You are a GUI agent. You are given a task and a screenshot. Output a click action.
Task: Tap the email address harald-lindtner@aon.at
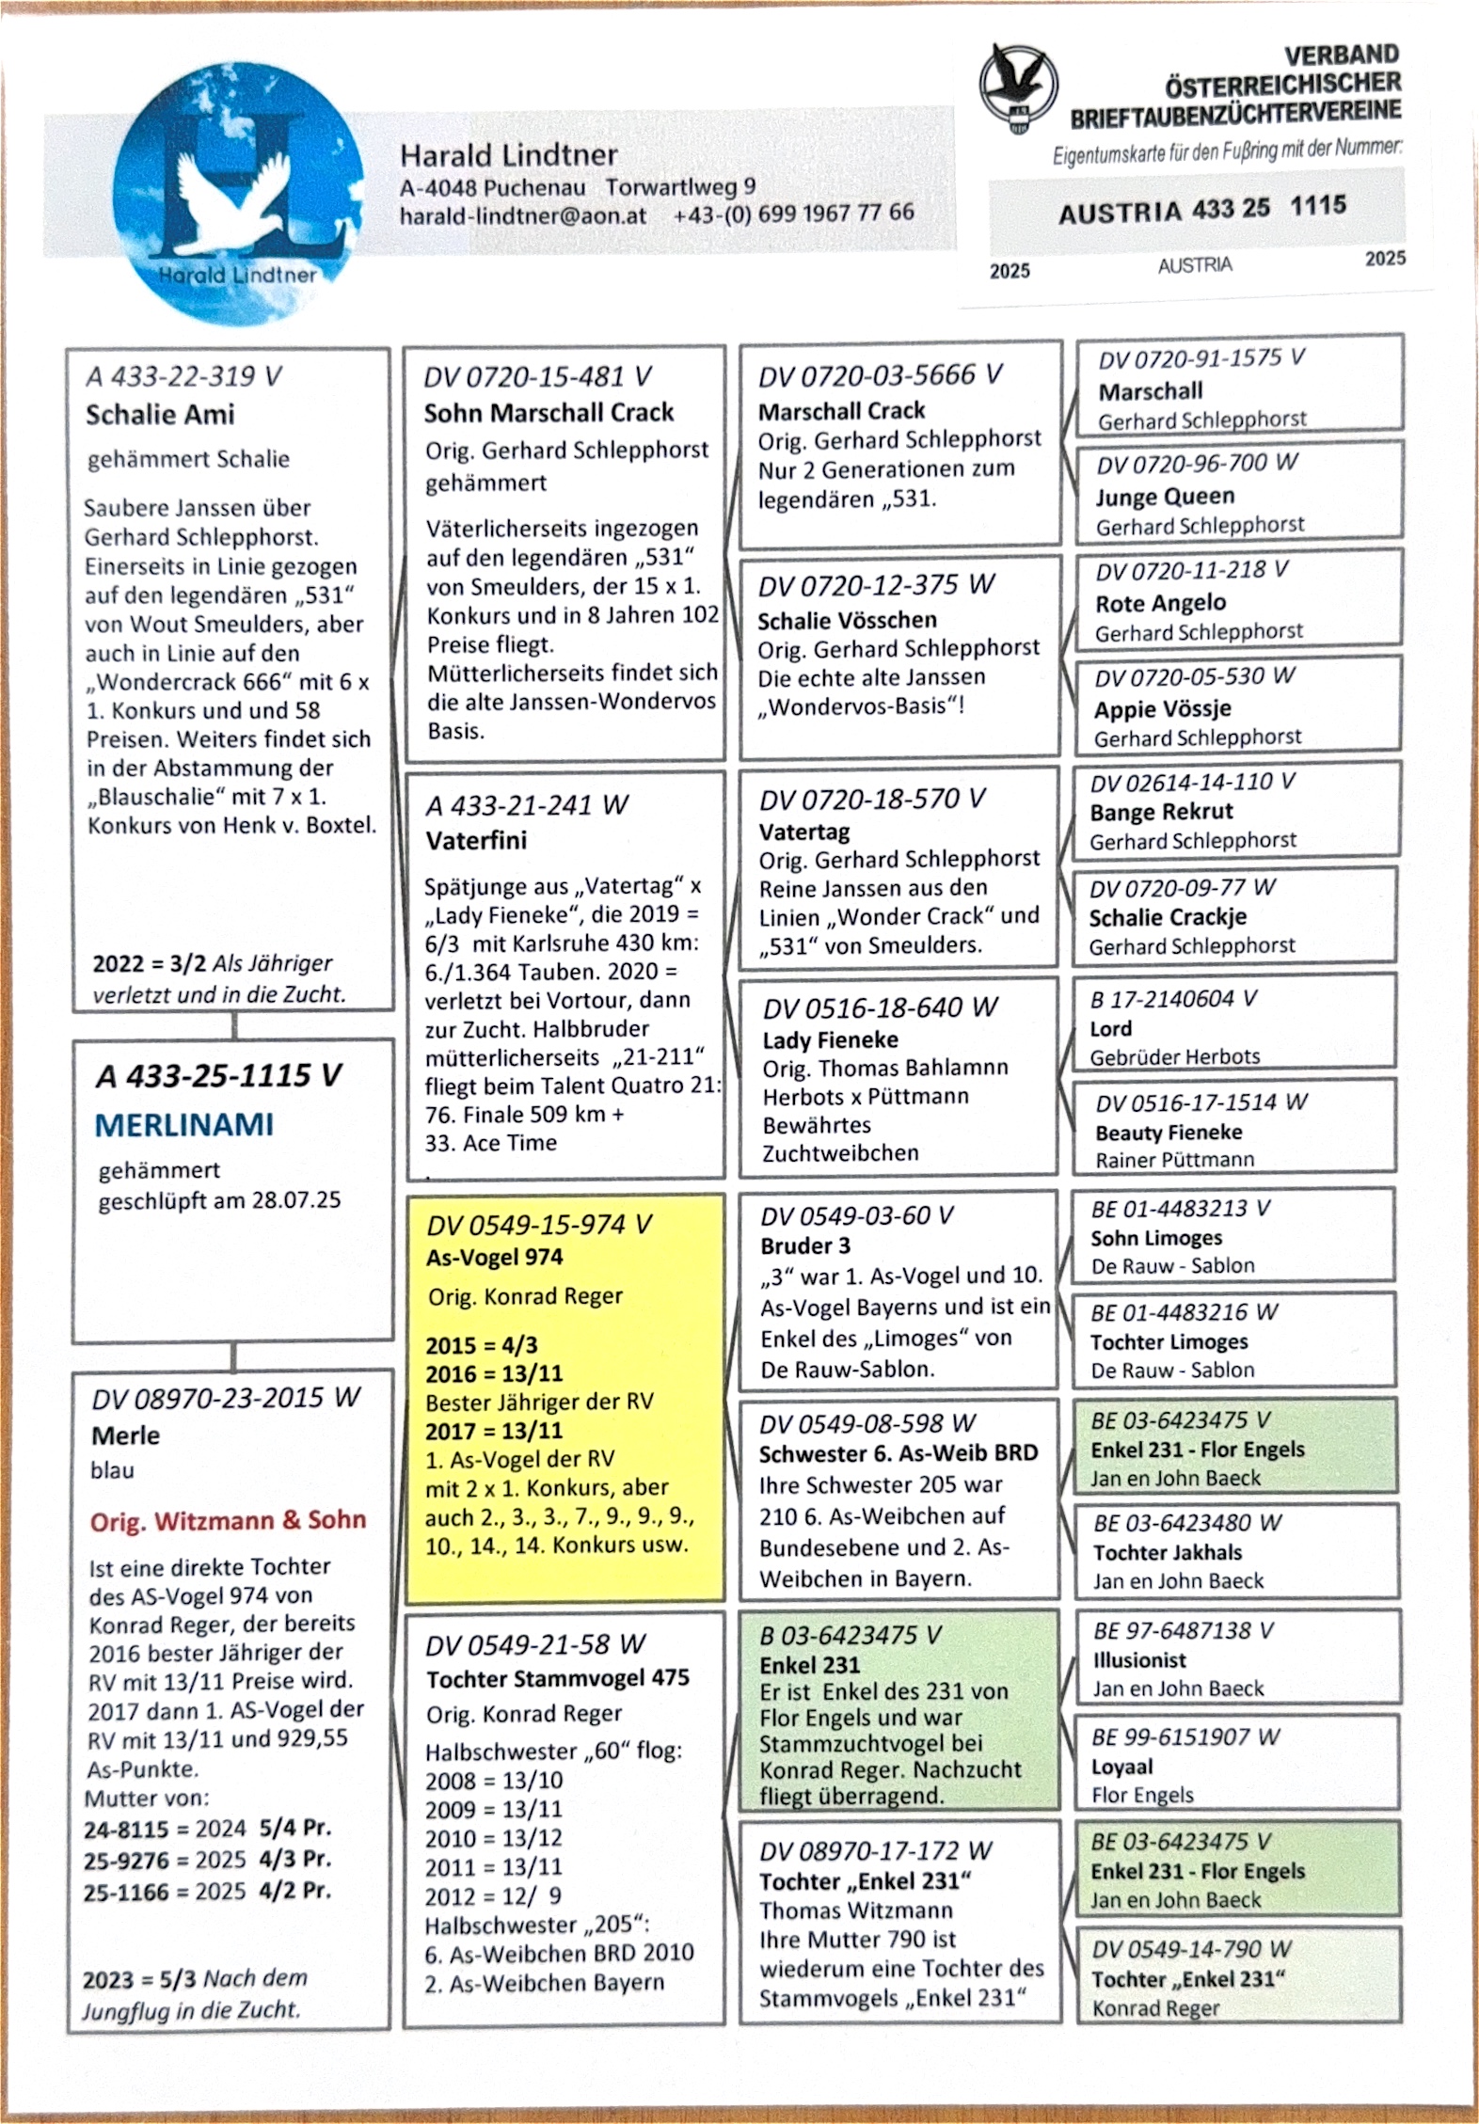click(522, 215)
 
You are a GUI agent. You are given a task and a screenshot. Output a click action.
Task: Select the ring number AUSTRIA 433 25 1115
click(1201, 209)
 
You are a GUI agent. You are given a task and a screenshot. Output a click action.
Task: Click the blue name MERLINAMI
click(184, 1124)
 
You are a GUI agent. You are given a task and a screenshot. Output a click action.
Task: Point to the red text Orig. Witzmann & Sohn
click(228, 1520)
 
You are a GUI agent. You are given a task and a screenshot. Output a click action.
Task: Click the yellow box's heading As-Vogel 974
click(494, 1257)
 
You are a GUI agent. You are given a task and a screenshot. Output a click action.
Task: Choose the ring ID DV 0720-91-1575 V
click(1201, 358)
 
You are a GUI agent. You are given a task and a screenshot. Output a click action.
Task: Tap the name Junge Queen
click(1164, 496)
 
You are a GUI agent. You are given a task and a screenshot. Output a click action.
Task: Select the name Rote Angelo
click(1160, 603)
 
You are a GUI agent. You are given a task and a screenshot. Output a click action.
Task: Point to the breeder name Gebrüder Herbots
click(1174, 1056)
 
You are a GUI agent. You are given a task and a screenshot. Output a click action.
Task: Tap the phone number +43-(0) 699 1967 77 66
click(793, 213)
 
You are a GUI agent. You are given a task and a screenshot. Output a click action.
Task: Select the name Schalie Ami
click(160, 414)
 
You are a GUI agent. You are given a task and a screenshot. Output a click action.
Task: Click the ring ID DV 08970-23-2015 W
click(226, 1398)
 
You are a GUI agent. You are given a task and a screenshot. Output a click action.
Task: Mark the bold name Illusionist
click(1138, 1660)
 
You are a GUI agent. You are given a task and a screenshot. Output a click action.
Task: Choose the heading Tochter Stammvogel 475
click(557, 1678)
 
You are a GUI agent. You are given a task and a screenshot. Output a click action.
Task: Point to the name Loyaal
click(1121, 1766)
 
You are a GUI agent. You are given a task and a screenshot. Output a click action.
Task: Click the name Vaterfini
click(476, 840)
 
